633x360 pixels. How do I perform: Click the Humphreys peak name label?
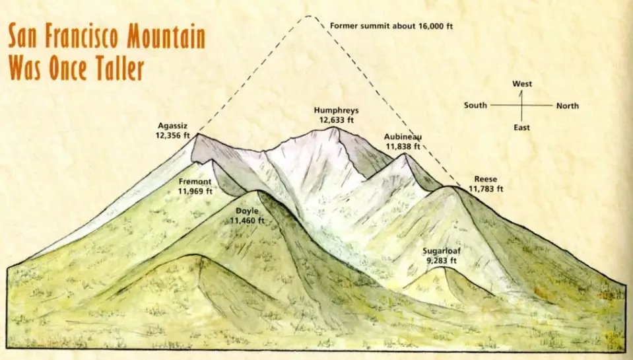pos(337,111)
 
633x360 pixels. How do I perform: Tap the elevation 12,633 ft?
pos(337,120)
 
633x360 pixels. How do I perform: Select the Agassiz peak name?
pos(173,126)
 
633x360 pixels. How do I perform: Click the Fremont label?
pos(195,181)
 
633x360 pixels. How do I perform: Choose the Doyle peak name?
pos(247,211)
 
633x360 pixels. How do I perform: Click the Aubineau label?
pos(403,137)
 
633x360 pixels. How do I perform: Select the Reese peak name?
pos(485,179)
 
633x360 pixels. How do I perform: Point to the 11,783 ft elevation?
pos(486,188)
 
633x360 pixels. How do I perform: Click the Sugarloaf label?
pos(442,252)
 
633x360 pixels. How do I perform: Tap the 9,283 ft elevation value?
pos(442,261)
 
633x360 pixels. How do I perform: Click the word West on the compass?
pos(522,84)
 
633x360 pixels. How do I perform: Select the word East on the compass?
pos(522,127)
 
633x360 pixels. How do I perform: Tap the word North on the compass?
pos(568,106)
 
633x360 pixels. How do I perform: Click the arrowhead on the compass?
pos(521,92)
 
